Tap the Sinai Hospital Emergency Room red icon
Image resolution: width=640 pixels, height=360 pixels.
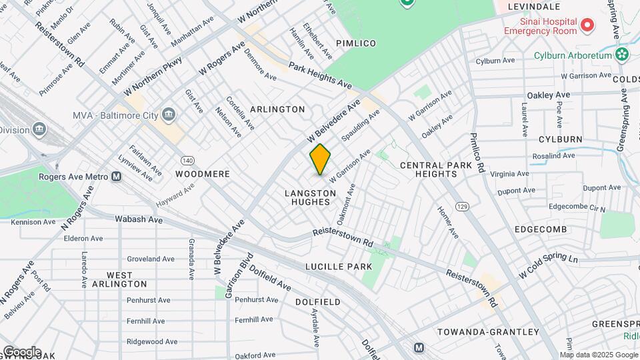tap(587, 26)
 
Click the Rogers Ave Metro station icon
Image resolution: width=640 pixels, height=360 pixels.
tap(117, 177)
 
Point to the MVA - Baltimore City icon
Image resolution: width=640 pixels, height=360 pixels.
tap(167, 115)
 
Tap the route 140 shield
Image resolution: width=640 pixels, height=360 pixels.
tap(187, 161)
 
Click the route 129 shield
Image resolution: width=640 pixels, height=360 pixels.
tap(461, 208)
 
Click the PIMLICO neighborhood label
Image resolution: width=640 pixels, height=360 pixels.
tap(356, 43)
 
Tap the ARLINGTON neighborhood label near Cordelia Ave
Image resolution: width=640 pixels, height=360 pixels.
tap(277, 109)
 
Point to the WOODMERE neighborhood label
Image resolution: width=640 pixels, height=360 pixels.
tap(203, 174)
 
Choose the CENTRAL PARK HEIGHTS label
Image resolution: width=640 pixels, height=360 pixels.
tap(428, 169)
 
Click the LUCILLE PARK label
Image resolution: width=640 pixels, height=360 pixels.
tap(338, 266)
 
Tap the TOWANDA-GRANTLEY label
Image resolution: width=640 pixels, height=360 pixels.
tap(487, 331)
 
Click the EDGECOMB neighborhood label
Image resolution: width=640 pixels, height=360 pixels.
tap(540, 229)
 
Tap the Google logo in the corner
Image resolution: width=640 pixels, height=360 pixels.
tap(21, 351)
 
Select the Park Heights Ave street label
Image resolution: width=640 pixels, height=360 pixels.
tap(320, 76)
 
